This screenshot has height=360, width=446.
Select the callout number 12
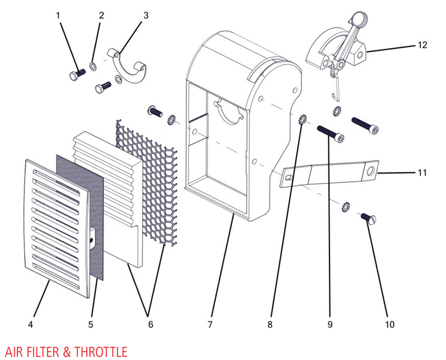coord(423,44)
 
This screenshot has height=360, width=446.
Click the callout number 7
coord(209,324)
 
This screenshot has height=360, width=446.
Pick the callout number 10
coord(389,324)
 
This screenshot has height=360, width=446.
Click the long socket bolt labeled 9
coord(331,133)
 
